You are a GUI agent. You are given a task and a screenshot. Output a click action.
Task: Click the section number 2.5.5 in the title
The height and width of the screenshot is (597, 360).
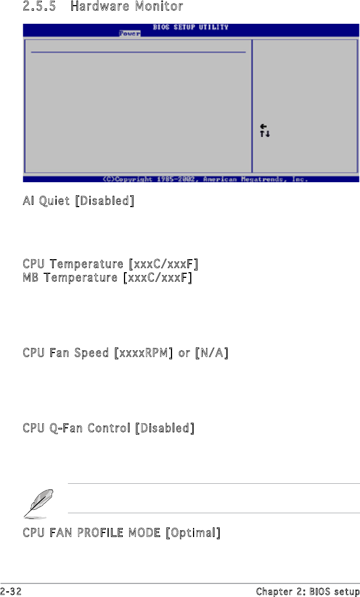[39, 7]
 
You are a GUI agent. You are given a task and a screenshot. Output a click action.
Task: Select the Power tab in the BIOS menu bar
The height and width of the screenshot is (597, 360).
[130, 33]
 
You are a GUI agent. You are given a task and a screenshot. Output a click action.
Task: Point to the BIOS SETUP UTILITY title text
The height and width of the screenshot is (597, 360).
[190, 27]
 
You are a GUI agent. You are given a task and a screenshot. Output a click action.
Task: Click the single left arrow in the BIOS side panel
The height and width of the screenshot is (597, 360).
[263, 126]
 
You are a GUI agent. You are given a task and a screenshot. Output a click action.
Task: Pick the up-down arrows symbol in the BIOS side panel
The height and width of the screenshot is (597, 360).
[265, 134]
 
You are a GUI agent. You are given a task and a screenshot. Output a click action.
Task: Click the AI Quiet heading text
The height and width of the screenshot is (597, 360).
[48, 201]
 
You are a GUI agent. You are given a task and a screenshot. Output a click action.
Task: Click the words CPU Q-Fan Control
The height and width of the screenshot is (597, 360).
[77, 428]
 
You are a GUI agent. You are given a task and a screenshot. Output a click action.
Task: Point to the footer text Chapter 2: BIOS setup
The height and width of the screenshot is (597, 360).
[307, 591]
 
